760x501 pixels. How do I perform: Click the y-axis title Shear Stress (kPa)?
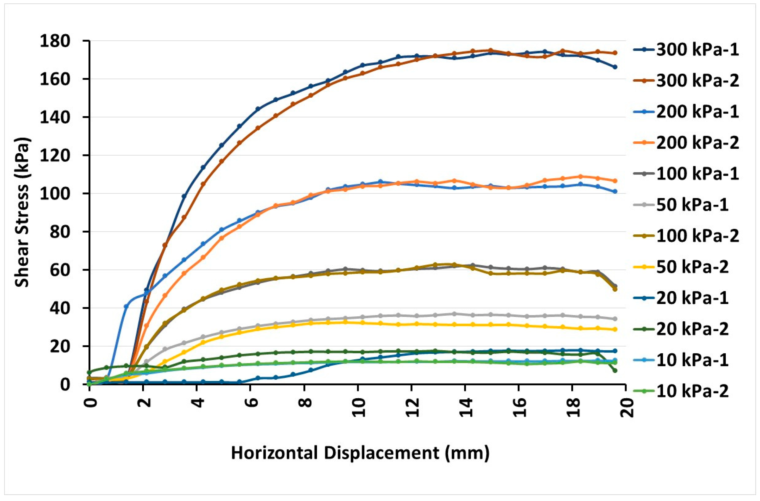(x=22, y=212)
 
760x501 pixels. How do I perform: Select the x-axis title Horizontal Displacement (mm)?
(x=360, y=453)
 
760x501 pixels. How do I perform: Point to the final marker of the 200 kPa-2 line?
(x=615, y=181)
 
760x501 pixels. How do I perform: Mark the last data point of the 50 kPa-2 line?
(x=615, y=329)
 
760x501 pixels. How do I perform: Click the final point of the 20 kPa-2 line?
(x=615, y=371)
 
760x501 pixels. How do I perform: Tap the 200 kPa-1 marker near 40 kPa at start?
(x=126, y=306)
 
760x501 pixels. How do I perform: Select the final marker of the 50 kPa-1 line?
(x=615, y=319)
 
